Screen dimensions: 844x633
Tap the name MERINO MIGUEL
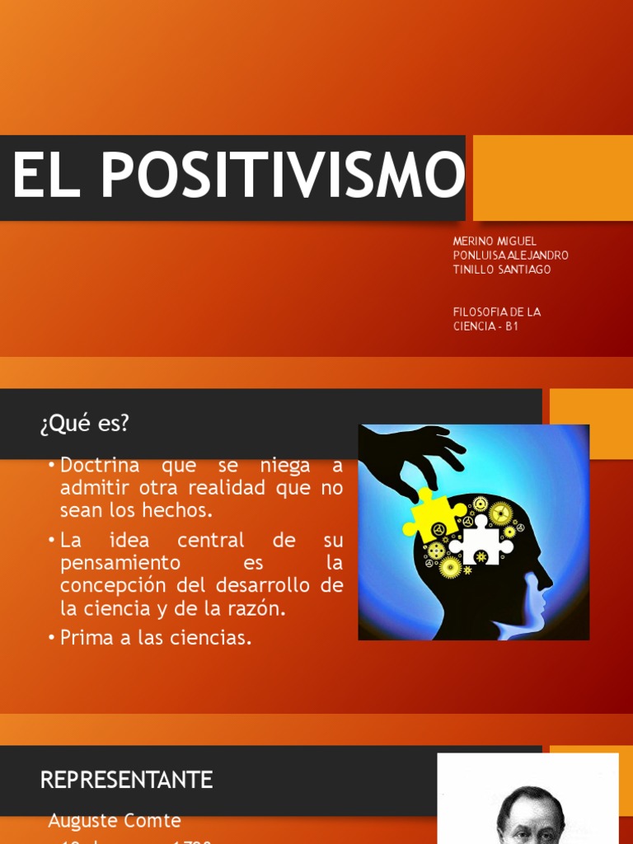click(x=495, y=241)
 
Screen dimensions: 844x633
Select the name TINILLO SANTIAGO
click(x=502, y=270)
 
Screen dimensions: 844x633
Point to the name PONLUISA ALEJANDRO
click(x=510, y=256)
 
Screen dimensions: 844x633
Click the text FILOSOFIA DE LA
click(x=496, y=312)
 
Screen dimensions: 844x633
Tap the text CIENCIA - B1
click(x=485, y=326)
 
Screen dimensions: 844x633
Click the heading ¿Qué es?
click(x=84, y=424)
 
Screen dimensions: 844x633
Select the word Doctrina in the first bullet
click(x=101, y=466)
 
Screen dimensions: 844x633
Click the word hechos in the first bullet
click(x=181, y=510)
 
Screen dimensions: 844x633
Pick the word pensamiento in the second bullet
click(x=120, y=563)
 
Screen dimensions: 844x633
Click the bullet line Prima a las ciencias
click(x=155, y=638)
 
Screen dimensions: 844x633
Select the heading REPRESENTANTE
click(x=126, y=780)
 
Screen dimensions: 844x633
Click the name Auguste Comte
click(x=114, y=821)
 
